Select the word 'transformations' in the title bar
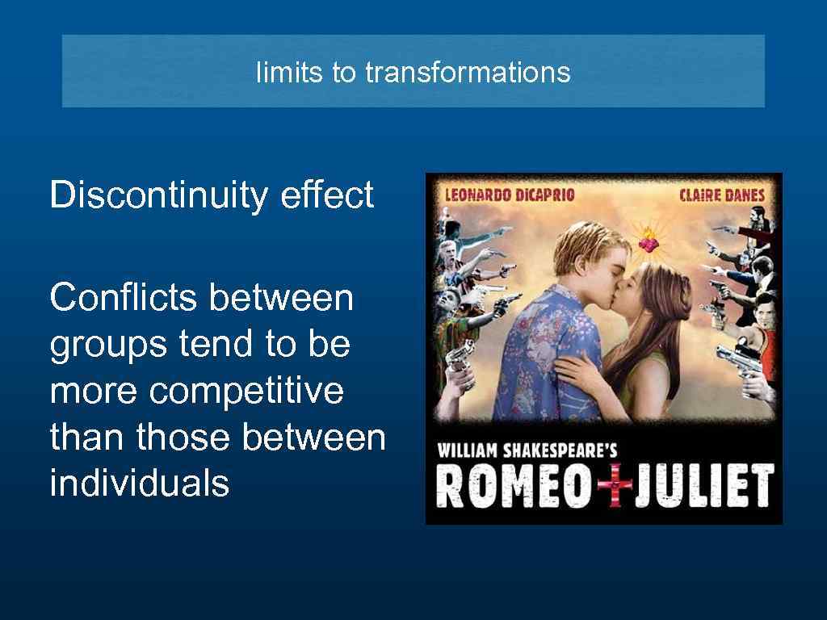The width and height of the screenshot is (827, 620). tap(468, 73)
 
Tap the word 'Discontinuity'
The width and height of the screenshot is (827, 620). tap(157, 195)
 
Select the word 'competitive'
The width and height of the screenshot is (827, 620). tap(246, 392)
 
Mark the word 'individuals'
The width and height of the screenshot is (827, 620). tap(139, 484)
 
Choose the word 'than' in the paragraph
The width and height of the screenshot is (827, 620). tap(87, 438)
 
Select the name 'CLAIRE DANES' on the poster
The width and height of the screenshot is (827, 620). tap(721, 195)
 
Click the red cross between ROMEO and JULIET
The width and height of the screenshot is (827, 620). tap(616, 487)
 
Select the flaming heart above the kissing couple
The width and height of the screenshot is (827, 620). tap(647, 240)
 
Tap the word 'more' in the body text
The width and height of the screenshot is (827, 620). tap(94, 392)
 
